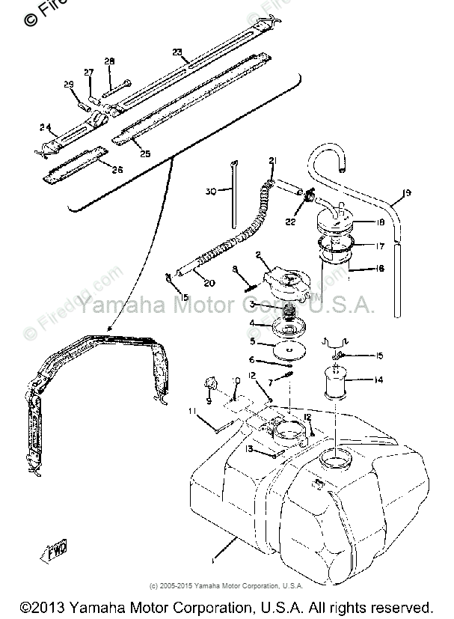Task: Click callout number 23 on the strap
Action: tap(177, 52)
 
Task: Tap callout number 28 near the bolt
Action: tap(110, 61)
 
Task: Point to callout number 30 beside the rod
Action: tap(212, 192)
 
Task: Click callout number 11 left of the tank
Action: tap(192, 411)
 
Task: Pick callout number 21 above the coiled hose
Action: tap(272, 161)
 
